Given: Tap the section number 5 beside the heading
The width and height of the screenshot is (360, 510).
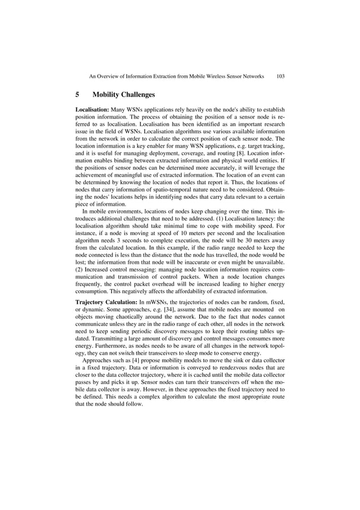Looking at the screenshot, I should pyautogui.click(x=77, y=94).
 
